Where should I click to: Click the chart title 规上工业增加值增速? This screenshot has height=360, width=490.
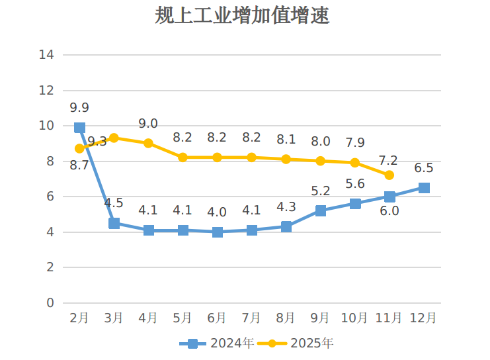243,16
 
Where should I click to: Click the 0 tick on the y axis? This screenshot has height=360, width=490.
50,303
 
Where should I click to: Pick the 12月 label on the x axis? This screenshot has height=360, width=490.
423,318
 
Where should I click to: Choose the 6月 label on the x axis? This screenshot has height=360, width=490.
217,318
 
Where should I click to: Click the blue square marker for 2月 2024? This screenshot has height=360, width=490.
79,128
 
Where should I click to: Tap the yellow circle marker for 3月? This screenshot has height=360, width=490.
114,138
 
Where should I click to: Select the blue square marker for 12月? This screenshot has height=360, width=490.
424,188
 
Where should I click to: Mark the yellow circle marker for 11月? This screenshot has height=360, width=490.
389,175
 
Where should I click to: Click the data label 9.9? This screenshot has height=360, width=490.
79,108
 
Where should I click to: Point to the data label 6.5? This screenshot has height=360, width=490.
423,168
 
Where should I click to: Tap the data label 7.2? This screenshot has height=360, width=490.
388,160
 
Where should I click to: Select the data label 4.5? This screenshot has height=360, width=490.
114,203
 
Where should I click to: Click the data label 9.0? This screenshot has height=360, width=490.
148,124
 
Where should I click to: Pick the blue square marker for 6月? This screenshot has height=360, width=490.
218,232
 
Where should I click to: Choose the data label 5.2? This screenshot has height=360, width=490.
320,191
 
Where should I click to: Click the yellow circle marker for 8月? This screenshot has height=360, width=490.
286,159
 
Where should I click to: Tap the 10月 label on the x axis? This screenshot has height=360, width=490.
354,318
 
